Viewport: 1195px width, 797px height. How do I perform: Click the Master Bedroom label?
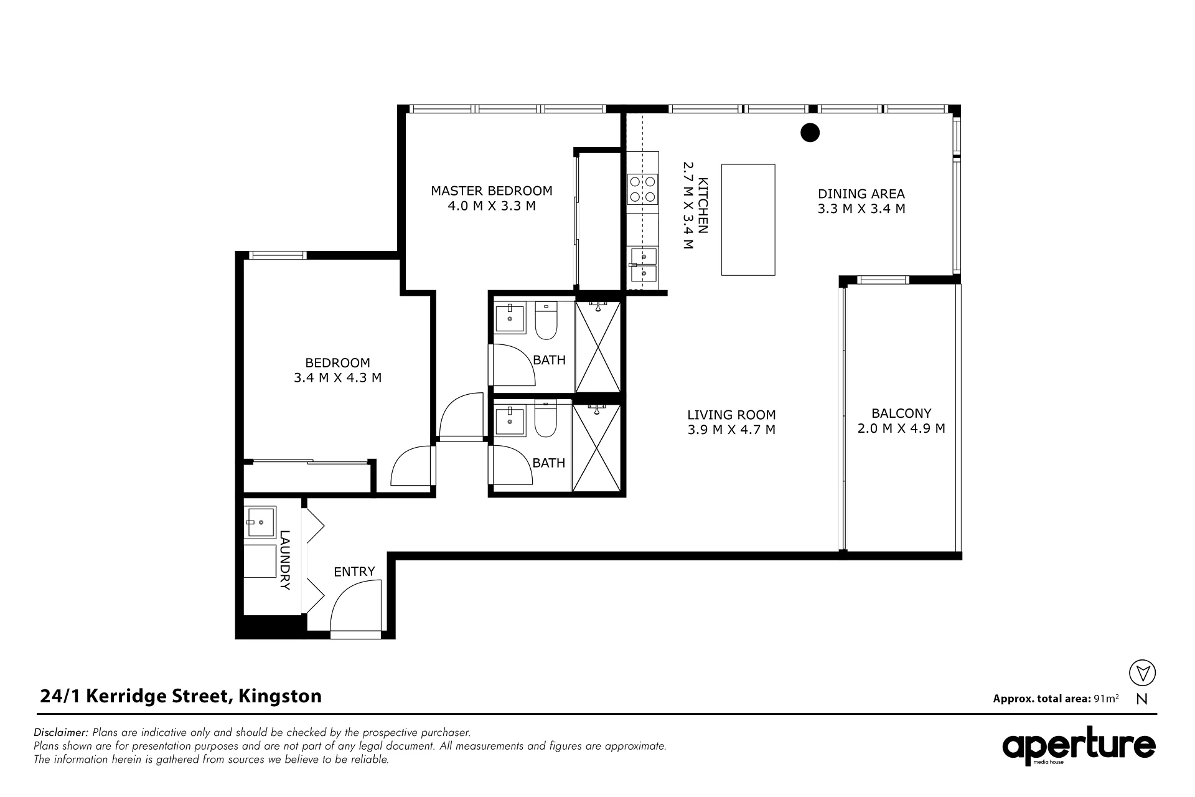coord(492,191)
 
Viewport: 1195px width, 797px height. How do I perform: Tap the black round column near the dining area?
coord(810,133)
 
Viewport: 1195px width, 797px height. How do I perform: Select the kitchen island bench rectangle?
coord(748,220)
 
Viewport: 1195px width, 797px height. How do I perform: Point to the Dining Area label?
coord(861,194)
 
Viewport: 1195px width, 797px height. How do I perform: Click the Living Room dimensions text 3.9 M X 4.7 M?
coord(731,430)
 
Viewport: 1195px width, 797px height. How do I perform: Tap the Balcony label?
coord(901,413)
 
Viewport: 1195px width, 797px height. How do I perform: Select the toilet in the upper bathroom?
coord(546,320)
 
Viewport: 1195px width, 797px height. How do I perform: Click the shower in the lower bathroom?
coord(596,448)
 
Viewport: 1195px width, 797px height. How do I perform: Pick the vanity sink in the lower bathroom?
coord(510,421)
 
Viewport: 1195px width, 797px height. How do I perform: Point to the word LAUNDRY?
coord(285,560)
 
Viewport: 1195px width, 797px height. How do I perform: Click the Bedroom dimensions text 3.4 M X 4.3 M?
coord(338,377)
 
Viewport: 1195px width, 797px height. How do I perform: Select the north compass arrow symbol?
coord(1142,673)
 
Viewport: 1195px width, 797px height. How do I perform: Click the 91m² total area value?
coord(1106,698)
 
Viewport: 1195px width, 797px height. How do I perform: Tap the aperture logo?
coord(1079,747)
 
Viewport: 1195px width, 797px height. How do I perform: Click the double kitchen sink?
coord(643,265)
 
